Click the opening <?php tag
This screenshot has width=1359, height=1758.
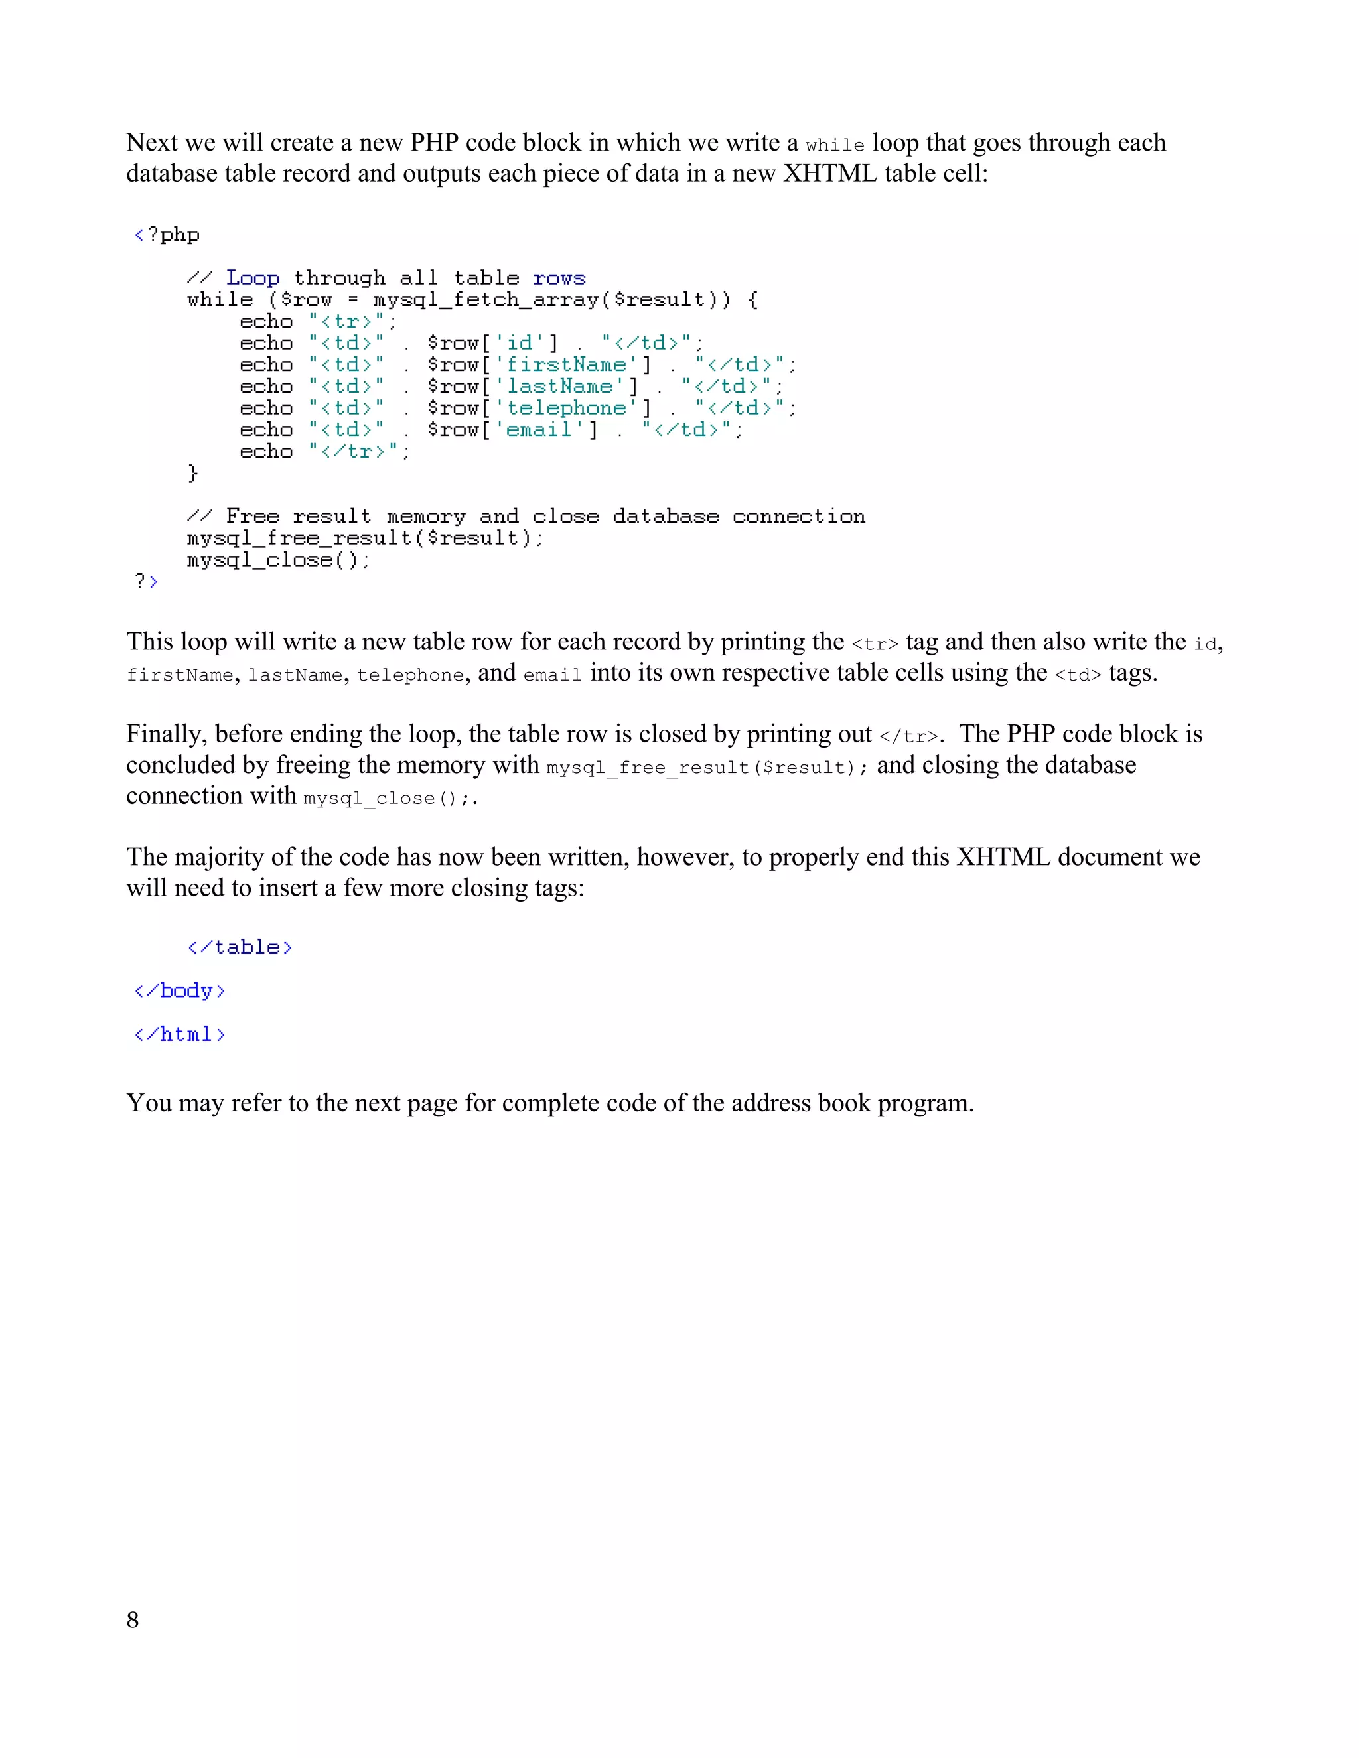[167, 235]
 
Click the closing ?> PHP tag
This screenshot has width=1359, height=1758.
[146, 581]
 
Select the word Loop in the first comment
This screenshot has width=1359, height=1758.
[253, 278]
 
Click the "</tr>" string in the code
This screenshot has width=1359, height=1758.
[359, 452]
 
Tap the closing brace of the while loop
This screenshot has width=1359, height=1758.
[192, 473]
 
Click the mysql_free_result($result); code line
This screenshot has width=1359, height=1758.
[365, 538]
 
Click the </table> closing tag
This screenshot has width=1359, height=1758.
[240, 947]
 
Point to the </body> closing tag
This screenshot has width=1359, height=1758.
[180, 991]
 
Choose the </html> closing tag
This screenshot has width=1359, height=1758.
[180, 1034]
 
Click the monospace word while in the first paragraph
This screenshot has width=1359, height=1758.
[835, 145]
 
